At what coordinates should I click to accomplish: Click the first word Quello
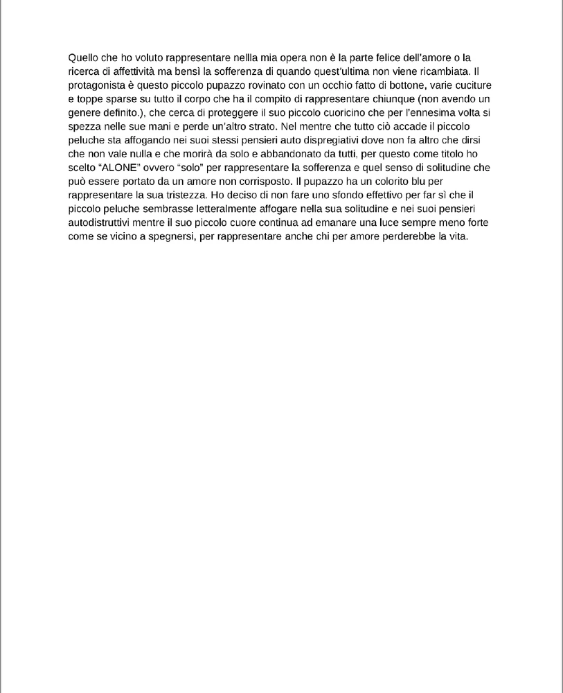pyautogui.click(x=83, y=58)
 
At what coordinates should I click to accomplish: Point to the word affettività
pyautogui.click(x=133, y=71)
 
